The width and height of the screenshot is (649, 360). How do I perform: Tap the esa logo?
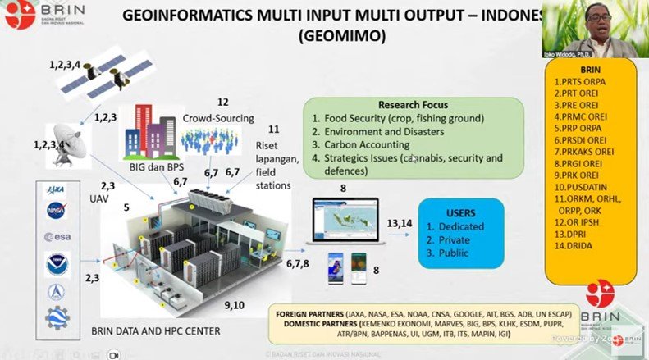tap(57, 236)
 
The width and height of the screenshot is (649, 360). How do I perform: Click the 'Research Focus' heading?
tap(413, 105)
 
